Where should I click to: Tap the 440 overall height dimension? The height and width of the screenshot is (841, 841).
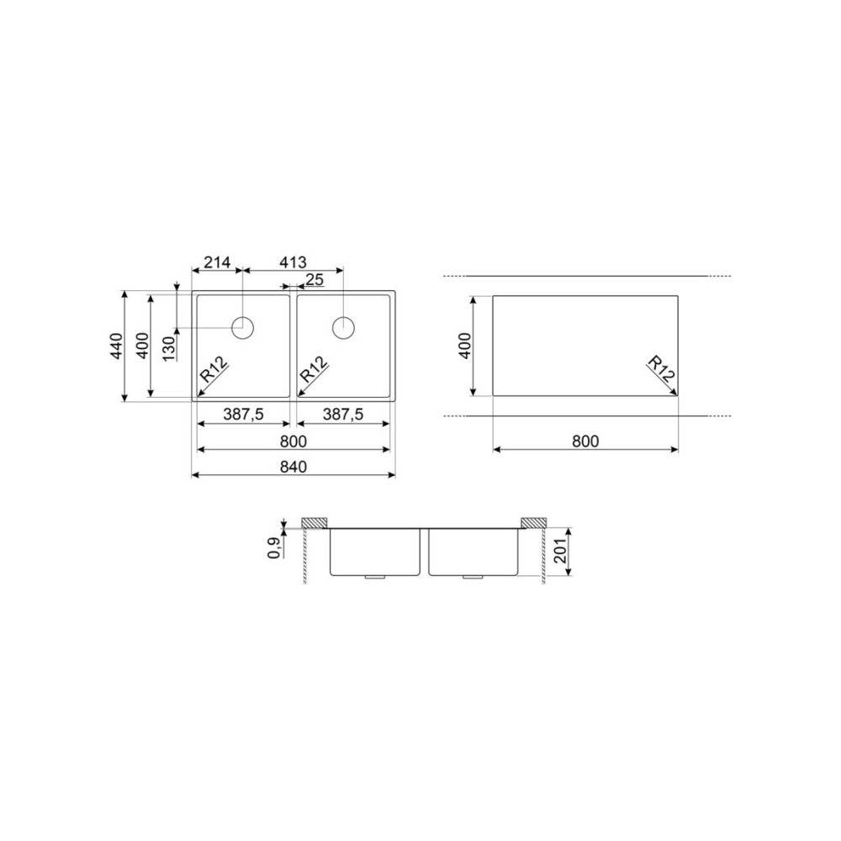pos(115,346)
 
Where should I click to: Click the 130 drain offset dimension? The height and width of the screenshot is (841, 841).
pos(168,346)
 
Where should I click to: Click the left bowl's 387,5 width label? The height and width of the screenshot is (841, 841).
pos(243,415)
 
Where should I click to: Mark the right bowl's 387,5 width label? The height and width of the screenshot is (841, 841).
pos(341,415)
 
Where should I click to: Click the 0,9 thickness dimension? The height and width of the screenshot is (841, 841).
pos(274,548)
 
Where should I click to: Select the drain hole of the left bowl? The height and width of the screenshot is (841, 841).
pos(243,327)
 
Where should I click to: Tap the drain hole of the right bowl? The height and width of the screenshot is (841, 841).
pos(343,327)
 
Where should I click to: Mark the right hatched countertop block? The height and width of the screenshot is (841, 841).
pos(533,523)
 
